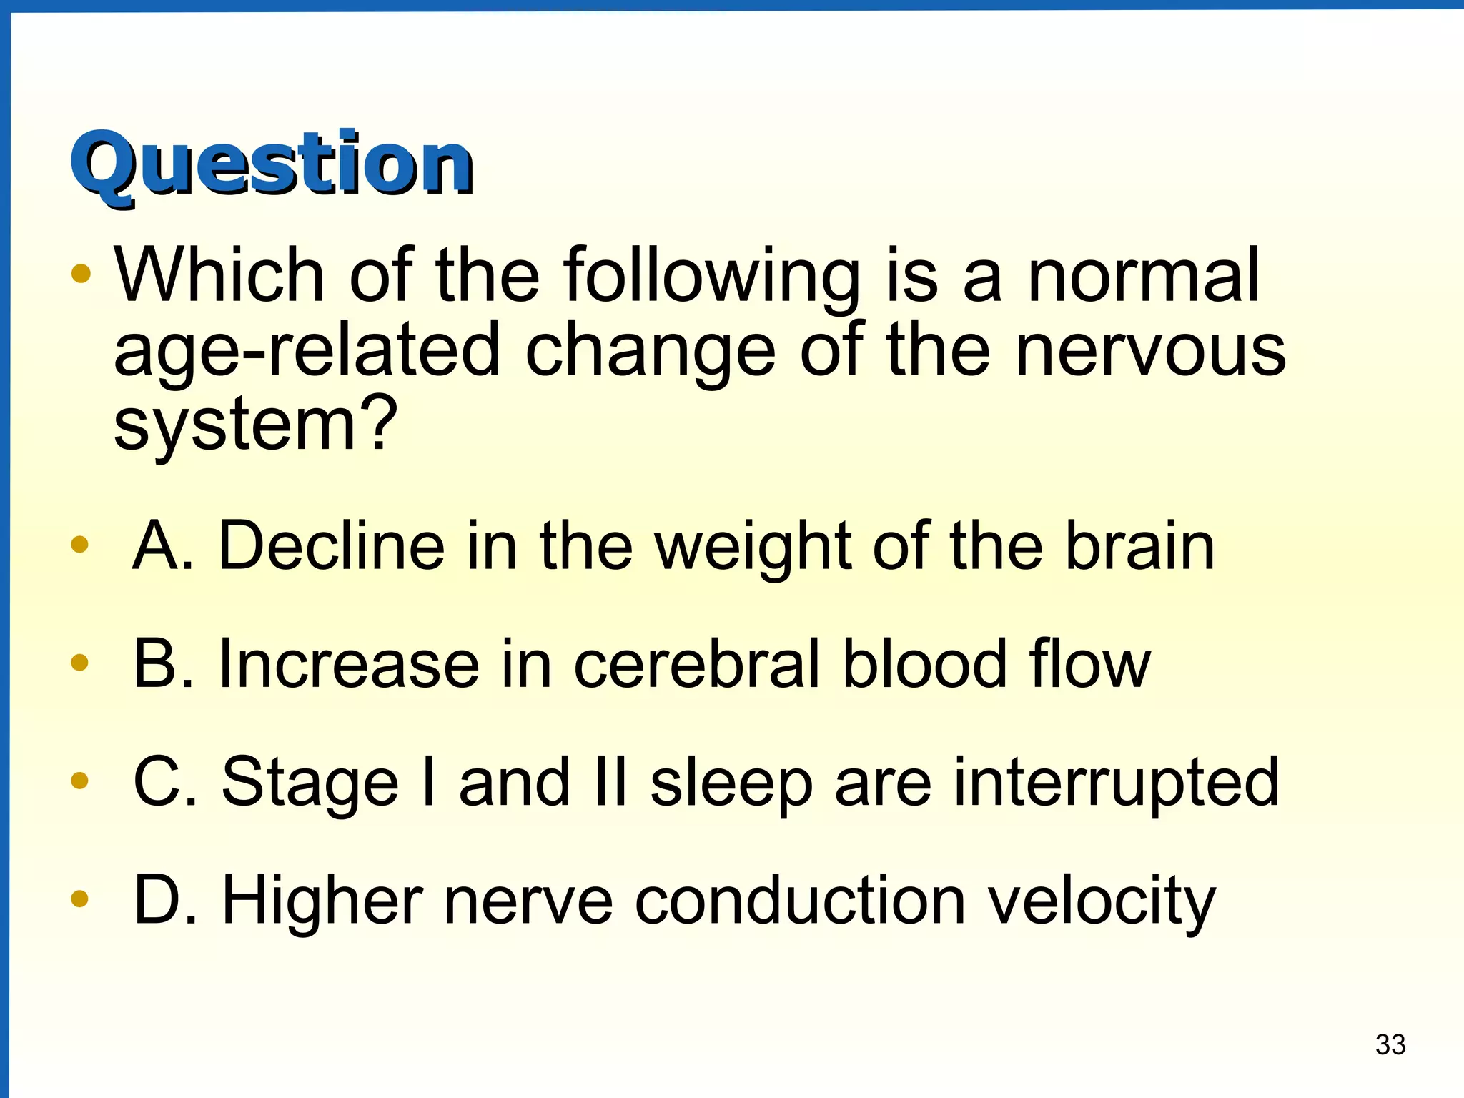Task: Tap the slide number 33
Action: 1390,1044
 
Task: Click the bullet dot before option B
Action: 79,663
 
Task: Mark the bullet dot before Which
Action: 81,274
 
